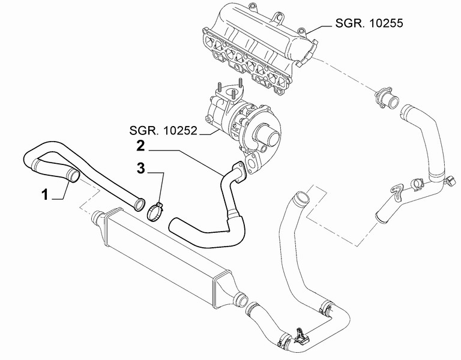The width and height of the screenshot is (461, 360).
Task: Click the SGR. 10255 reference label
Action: (x=369, y=23)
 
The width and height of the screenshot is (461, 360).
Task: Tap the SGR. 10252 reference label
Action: (x=163, y=130)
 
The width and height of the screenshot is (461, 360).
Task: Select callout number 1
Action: (x=44, y=194)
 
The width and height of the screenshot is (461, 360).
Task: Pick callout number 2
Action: (x=141, y=146)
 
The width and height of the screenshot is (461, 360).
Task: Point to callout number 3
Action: (x=141, y=169)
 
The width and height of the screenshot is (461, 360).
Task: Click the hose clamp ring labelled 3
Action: (x=155, y=212)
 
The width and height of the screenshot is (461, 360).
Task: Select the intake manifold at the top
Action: (x=259, y=50)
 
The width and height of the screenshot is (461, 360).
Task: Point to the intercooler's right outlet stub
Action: (x=241, y=299)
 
